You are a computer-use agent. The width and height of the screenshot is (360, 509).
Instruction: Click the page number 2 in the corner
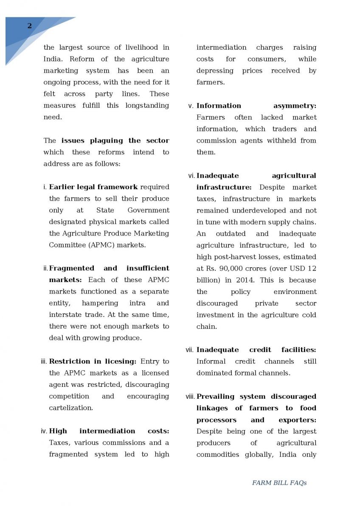[29, 26]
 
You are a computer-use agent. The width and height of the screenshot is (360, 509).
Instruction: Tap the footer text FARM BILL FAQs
[279, 483]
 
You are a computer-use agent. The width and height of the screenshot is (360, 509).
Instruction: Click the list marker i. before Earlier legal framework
[45, 187]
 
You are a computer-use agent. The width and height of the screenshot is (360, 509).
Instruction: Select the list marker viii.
[190, 397]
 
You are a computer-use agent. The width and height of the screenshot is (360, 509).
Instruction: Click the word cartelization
[70, 408]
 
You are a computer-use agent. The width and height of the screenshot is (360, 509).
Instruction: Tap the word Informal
[211, 361]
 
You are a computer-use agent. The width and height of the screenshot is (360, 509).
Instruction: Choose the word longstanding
[147, 106]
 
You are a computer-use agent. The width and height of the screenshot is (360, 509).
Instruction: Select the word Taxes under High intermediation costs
[60, 442]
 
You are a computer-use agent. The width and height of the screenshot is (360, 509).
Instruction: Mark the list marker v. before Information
[191, 106]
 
